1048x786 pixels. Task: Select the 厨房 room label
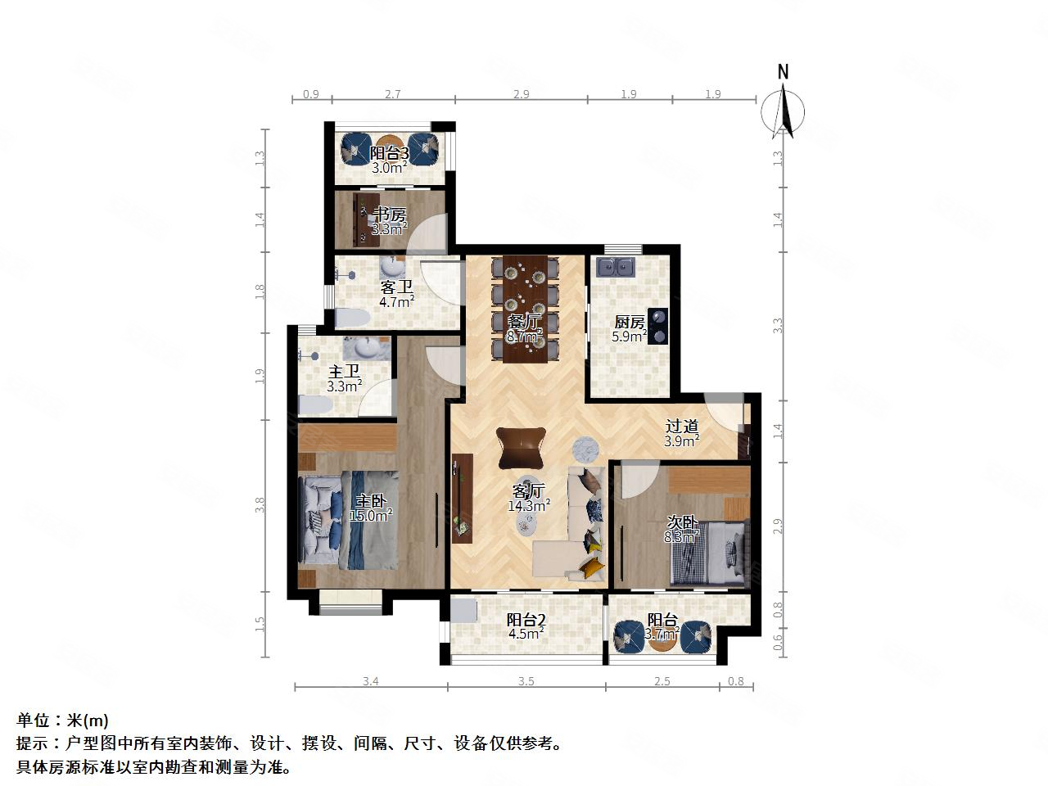[630, 322]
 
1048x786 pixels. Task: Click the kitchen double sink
[617, 267]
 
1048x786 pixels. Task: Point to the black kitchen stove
[659, 326]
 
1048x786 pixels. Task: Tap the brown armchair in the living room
[521, 447]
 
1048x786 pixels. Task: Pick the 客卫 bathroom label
[396, 287]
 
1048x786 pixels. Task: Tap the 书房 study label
[389, 215]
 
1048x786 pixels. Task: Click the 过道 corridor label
[681, 427]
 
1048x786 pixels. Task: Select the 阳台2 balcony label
[526, 620]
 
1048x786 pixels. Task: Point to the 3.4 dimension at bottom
[370, 680]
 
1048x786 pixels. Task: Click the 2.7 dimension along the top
[393, 94]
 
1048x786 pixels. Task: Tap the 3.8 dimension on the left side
[260, 506]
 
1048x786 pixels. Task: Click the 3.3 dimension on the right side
[779, 325]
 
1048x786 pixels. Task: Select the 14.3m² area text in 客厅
[529, 506]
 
